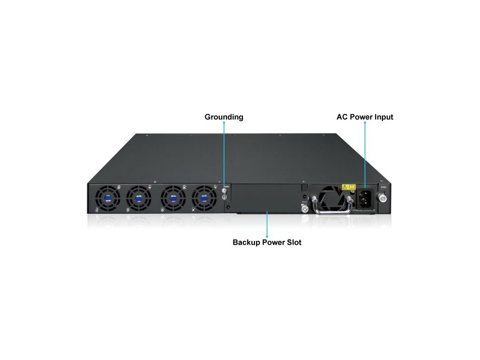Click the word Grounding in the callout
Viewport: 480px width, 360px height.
point(224,117)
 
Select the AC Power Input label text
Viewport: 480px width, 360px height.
point(365,117)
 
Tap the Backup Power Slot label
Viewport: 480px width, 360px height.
point(267,242)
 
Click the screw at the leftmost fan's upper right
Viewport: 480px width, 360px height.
point(120,187)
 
